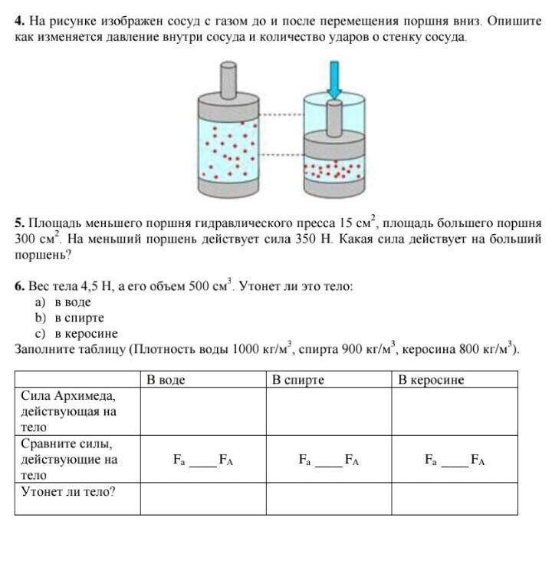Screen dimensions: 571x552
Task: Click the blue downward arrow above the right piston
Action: [x=334, y=78]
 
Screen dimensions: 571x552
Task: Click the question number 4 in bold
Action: [x=18, y=21]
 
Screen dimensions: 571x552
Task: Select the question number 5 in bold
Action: [x=18, y=224]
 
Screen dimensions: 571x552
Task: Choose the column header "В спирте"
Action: [x=298, y=380]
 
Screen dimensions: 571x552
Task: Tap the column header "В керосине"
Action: [x=431, y=380]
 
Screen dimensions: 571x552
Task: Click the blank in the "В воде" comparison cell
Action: [x=203, y=462]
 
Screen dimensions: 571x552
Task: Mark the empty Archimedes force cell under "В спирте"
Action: [x=329, y=411]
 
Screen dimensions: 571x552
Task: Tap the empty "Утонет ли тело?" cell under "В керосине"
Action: [x=455, y=499]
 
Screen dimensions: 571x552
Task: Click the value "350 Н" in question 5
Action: [x=313, y=239]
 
